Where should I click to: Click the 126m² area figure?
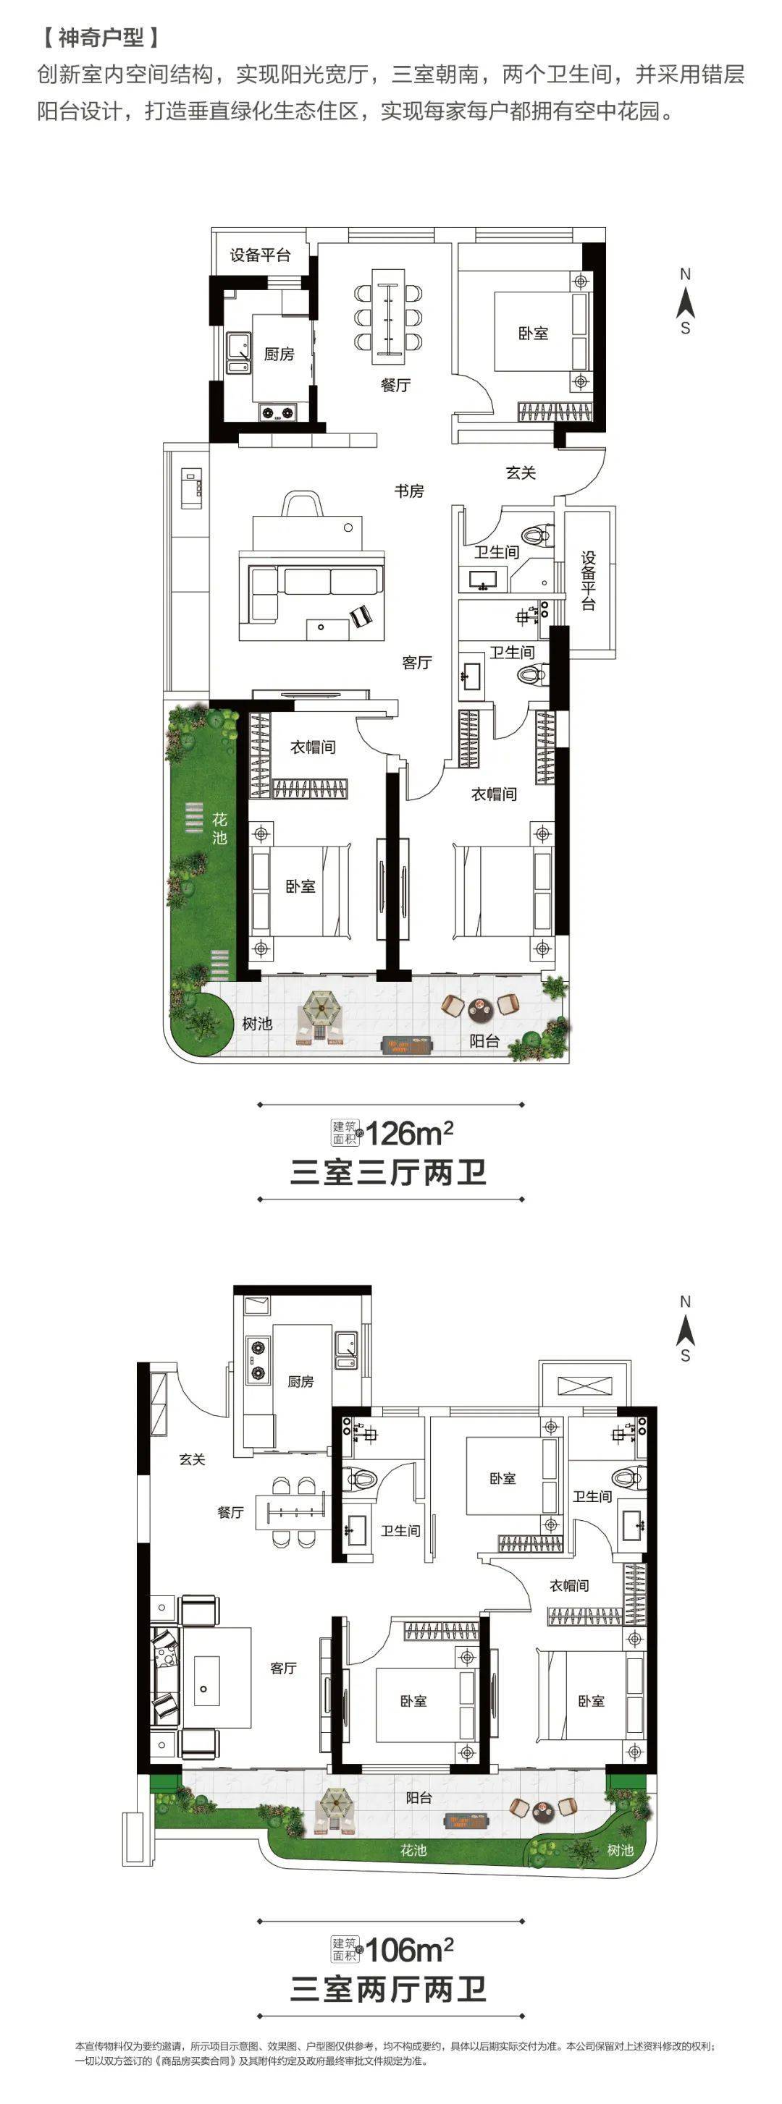pos(409,1133)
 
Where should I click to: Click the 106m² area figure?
pos(409,1949)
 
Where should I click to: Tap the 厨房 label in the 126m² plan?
pos(279,354)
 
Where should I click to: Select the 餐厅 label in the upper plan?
pos(395,385)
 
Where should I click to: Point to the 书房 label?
pos(409,491)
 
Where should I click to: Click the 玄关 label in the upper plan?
pos(521,472)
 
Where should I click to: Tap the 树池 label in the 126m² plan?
pos(256,1023)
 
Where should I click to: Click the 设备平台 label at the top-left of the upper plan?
pos(260,255)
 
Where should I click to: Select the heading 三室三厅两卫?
pos(389,1173)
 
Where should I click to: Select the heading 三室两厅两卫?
pos(389,1989)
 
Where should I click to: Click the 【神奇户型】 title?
pos(101,38)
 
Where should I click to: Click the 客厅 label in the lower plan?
pos(284,1667)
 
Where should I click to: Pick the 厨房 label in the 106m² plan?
pos(300,1381)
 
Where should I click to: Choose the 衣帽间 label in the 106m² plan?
pos(568,1585)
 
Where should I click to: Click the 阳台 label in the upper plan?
pos(484,1040)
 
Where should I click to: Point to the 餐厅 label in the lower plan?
pos(230,1512)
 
